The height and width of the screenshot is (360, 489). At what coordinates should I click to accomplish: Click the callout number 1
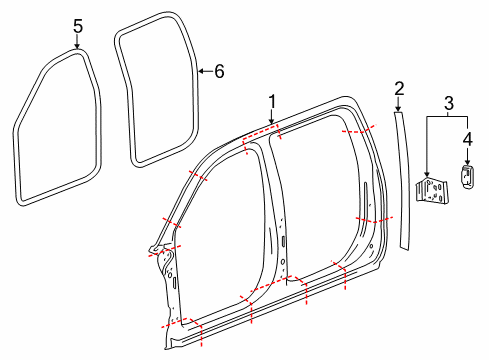click(x=270, y=101)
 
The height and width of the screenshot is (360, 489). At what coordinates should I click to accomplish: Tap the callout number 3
click(x=449, y=103)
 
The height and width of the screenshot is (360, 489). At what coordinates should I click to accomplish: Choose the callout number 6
click(x=219, y=71)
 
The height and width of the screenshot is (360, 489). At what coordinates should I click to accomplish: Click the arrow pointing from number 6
click(x=205, y=71)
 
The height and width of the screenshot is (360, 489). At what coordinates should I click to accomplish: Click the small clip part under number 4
click(x=466, y=175)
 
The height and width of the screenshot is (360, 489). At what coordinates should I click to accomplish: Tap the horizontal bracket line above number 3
click(x=449, y=118)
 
